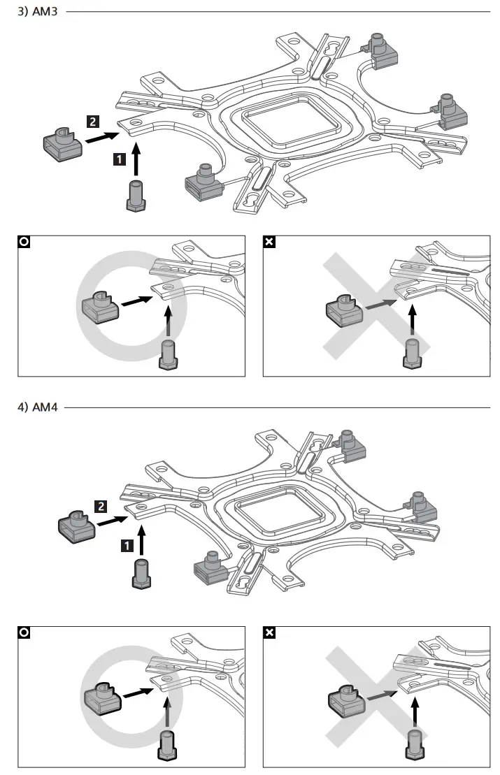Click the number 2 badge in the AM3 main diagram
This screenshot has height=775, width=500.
click(x=92, y=121)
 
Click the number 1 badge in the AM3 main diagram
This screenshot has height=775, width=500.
click(x=120, y=159)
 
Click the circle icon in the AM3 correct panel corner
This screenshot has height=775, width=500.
click(x=24, y=242)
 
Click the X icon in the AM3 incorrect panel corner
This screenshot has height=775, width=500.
click(x=269, y=242)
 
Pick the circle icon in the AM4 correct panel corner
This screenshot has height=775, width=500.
click(x=24, y=633)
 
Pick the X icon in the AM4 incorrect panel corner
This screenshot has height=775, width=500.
click(x=269, y=633)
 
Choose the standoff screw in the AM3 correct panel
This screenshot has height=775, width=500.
click(x=168, y=354)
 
